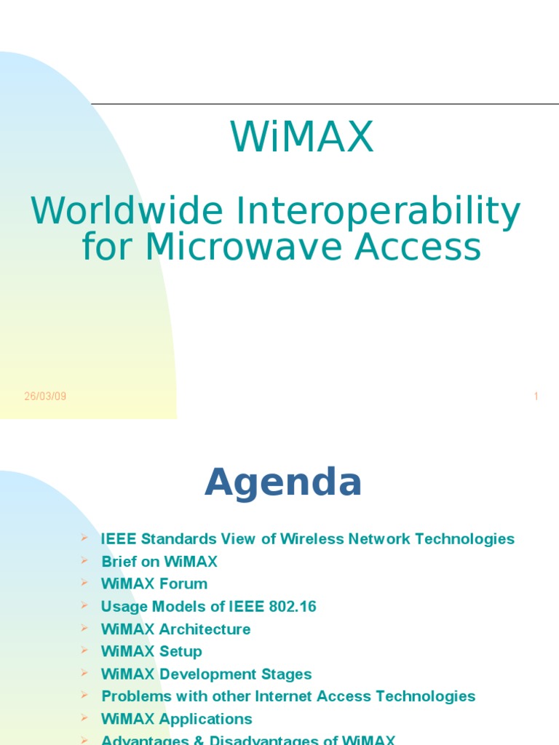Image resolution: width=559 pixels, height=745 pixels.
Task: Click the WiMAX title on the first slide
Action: click(302, 138)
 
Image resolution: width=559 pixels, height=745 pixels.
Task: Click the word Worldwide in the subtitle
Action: click(127, 211)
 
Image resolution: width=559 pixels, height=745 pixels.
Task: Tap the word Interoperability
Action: click(378, 212)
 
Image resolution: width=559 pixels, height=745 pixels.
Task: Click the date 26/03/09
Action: click(45, 397)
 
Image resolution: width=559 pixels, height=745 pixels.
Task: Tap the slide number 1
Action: click(536, 397)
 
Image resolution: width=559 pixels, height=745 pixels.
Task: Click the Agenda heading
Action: click(283, 482)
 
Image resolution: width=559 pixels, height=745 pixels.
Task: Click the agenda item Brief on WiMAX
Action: click(159, 562)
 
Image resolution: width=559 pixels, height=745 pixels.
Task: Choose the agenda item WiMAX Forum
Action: click(154, 584)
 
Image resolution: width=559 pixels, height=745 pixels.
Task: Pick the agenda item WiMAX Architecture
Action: click(176, 629)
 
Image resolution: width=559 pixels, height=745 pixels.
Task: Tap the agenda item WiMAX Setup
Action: click(151, 652)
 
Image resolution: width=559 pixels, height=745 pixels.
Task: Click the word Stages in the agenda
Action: click(288, 674)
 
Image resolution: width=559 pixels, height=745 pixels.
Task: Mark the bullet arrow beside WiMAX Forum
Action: click(84, 583)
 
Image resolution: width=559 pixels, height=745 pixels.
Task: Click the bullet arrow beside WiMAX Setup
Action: click(84, 650)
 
